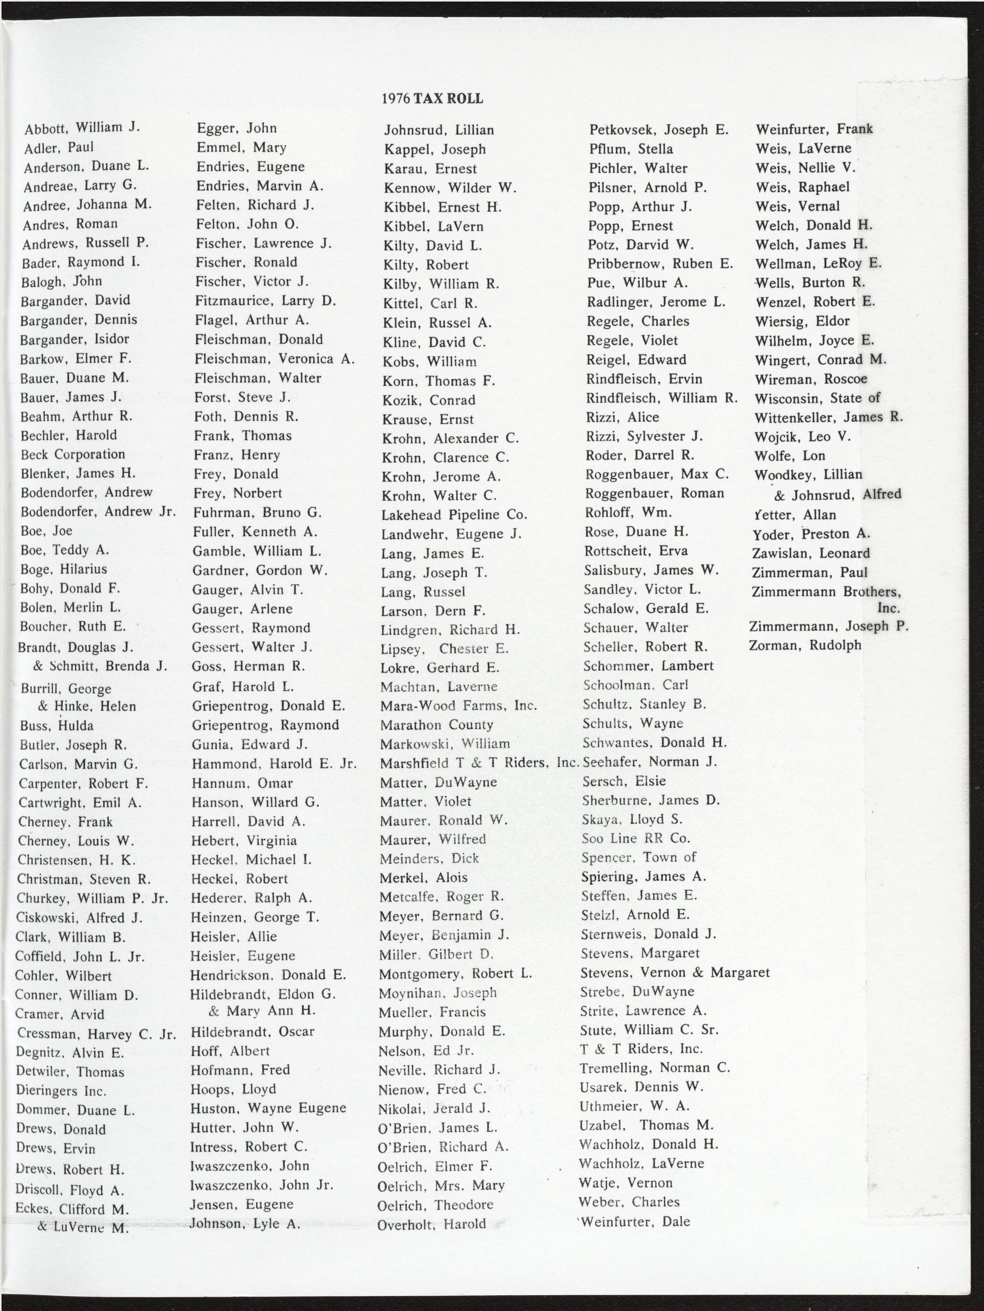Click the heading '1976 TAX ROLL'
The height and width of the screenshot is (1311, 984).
(x=432, y=98)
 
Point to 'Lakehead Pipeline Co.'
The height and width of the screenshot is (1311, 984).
(x=453, y=515)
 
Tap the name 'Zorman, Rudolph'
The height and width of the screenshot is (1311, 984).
(x=805, y=645)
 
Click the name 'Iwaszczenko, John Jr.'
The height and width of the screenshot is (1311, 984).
(x=261, y=1185)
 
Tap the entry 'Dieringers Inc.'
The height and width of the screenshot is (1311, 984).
(x=62, y=1090)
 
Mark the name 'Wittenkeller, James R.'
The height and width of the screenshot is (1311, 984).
(x=829, y=417)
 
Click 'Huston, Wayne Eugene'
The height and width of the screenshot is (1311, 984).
(x=268, y=1108)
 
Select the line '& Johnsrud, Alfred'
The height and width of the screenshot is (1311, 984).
(x=838, y=494)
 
